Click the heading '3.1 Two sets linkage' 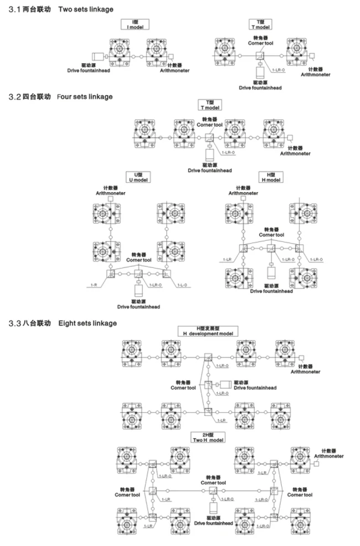coord(58,9)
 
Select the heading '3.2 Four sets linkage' coord(58,97)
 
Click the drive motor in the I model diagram coord(97,56)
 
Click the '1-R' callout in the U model coord(94,285)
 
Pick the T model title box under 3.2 coord(210,105)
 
